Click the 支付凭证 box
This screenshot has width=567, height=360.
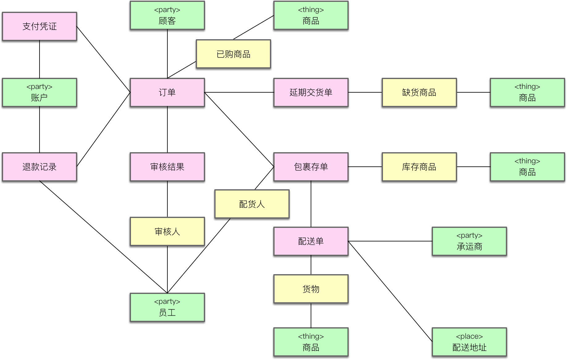(x=40, y=27)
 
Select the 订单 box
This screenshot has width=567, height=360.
(x=167, y=92)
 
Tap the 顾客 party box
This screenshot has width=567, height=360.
(x=167, y=15)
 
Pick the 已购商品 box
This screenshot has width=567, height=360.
(x=233, y=54)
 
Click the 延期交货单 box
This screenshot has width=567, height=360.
(x=311, y=92)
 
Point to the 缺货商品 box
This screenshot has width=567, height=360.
(x=419, y=92)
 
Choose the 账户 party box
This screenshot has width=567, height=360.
(x=40, y=92)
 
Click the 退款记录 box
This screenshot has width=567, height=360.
(x=40, y=167)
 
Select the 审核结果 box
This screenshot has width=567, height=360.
(x=167, y=167)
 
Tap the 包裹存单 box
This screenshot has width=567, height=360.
(x=311, y=167)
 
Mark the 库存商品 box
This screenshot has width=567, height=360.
(x=419, y=167)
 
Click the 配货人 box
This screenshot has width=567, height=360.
(x=252, y=204)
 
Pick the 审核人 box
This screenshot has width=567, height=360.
(x=167, y=231)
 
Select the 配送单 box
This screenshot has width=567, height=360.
(x=311, y=241)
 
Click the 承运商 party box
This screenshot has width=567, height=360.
(x=469, y=241)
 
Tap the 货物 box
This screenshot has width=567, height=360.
(x=311, y=289)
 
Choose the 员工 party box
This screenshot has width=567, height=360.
(x=167, y=307)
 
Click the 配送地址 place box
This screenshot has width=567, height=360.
(x=469, y=342)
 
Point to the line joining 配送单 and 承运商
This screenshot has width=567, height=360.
(x=390, y=241)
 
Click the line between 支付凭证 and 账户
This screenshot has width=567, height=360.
(x=40, y=59)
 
